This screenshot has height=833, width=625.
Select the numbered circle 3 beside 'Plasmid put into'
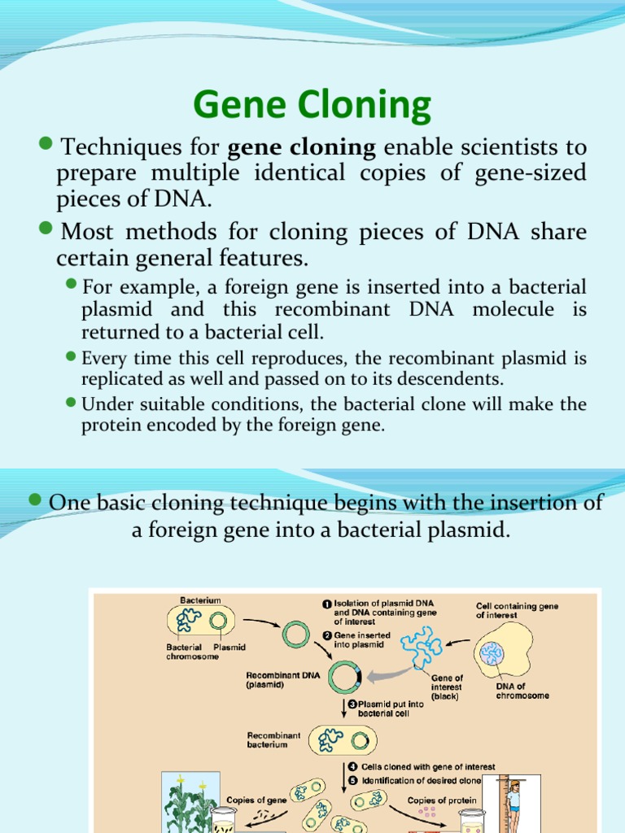[x=352, y=704]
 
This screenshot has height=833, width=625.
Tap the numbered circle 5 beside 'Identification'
[x=353, y=781]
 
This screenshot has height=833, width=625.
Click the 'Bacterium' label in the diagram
[x=200, y=600]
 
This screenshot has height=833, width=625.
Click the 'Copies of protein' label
[x=442, y=800]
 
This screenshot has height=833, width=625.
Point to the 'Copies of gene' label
[x=256, y=800]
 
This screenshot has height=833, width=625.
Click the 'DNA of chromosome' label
[x=522, y=691]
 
